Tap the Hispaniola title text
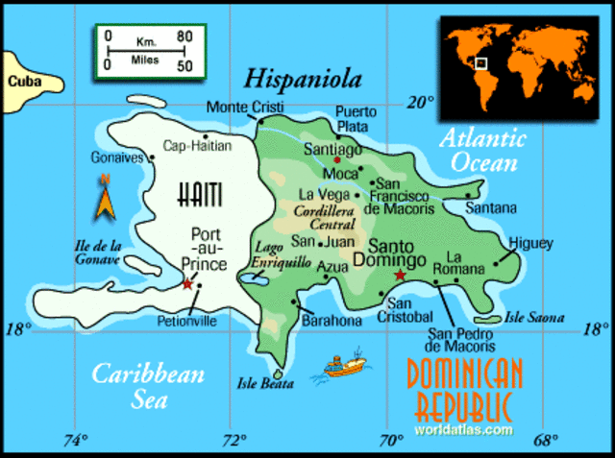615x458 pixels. point(302,78)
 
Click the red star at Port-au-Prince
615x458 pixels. point(187,284)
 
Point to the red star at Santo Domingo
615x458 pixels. point(400,277)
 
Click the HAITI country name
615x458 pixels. point(200,197)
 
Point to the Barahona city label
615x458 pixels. point(332,321)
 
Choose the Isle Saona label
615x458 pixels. point(534,317)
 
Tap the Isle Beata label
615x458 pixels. point(264,384)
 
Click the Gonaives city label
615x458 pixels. point(116,157)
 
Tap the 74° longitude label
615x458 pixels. point(75,441)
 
